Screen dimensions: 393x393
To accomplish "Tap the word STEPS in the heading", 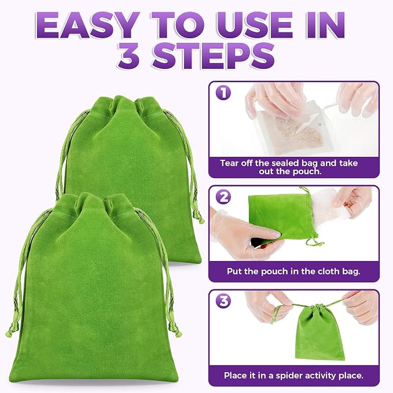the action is click(214, 56).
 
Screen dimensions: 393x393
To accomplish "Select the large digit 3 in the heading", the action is click(129, 56).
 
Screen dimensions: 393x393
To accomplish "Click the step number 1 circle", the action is click(223, 93).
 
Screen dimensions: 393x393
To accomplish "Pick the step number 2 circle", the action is click(223, 197).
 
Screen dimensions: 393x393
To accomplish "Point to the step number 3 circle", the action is click(223, 301).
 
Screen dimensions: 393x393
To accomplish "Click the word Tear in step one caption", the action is click(229, 163).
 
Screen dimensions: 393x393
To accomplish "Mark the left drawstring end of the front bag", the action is click(9, 332).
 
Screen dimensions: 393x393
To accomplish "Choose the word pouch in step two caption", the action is click(274, 271).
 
